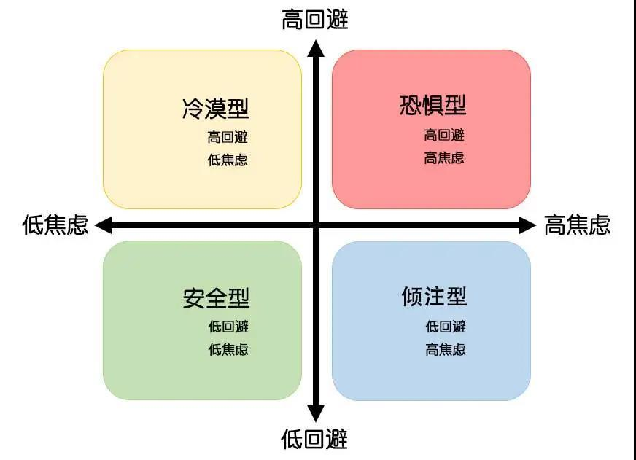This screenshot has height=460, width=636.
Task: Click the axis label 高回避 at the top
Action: point(315,20)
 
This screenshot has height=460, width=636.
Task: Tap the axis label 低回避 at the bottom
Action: point(314,440)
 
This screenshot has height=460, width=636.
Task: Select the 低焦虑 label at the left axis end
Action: point(55,225)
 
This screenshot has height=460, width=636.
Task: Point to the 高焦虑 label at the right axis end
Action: point(577,225)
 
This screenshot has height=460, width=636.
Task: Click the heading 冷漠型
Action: point(215,108)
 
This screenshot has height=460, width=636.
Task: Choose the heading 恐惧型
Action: point(433,105)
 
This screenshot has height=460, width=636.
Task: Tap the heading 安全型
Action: point(216,298)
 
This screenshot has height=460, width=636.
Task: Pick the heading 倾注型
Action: point(434,296)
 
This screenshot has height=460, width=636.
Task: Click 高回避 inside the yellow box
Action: point(228,137)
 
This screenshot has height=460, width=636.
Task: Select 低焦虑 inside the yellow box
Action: point(228,160)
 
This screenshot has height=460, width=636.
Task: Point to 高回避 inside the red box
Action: point(444,135)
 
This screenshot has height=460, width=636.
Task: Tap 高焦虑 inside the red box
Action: point(444,157)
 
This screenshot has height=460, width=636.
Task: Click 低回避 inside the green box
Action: point(228,327)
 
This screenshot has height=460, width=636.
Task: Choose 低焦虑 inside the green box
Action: point(228,349)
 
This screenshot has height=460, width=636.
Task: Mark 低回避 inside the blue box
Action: point(446,327)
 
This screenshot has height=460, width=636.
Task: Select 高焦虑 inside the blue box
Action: point(446,349)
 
